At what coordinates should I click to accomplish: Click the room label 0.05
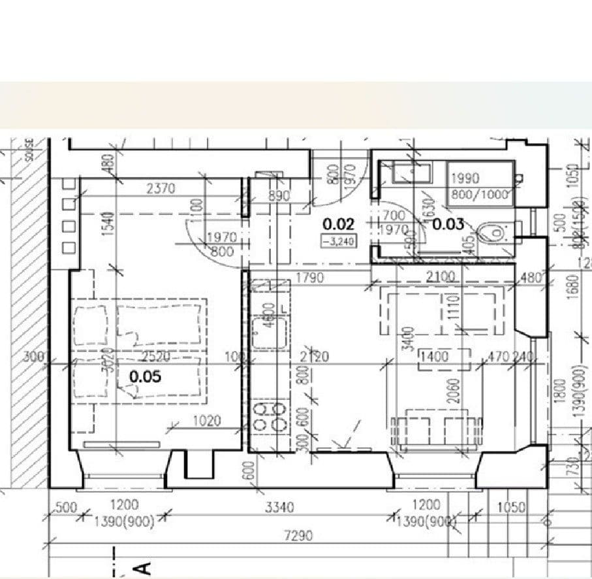pyautogui.click(x=145, y=377)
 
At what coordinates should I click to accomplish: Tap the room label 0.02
pyautogui.click(x=338, y=224)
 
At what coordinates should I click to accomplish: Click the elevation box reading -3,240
pyautogui.click(x=338, y=240)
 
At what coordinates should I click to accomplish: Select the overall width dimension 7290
pyautogui.click(x=298, y=536)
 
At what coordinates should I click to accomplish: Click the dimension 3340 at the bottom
pyautogui.click(x=280, y=506)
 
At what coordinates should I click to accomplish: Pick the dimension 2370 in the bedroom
pyautogui.click(x=161, y=189)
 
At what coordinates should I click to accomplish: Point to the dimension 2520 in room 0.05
pyautogui.click(x=157, y=357)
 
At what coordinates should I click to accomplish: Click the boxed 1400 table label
pyautogui.click(x=434, y=357)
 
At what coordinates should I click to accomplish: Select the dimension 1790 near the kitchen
pyautogui.click(x=310, y=278)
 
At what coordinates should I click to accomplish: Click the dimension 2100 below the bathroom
pyautogui.click(x=441, y=277)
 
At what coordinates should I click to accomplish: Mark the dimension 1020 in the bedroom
pyautogui.click(x=206, y=422)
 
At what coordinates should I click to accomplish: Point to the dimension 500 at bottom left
pyautogui.click(x=66, y=507)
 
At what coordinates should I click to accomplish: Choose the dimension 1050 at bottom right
pyautogui.click(x=511, y=507)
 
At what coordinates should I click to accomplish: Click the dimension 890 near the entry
pyautogui.click(x=279, y=196)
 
